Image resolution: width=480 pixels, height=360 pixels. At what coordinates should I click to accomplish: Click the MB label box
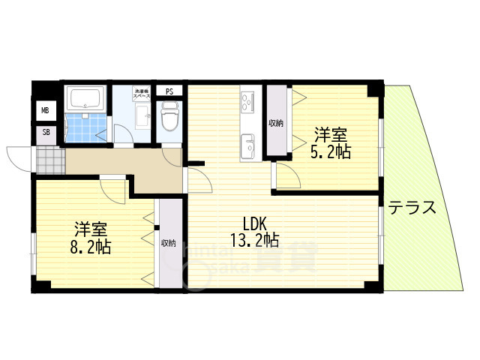pyautogui.click(x=46, y=112)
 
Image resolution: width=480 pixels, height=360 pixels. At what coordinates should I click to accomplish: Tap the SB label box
pyautogui.click(x=46, y=133)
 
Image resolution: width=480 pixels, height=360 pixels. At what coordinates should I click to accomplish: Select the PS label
pyautogui.click(x=169, y=92)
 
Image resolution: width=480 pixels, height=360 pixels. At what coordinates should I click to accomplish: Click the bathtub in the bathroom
pyautogui.click(x=87, y=98)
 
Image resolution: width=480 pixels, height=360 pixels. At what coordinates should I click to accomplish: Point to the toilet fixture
pyautogui.click(x=170, y=116)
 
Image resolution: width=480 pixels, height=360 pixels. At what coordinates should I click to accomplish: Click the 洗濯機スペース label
pyautogui.click(x=141, y=94)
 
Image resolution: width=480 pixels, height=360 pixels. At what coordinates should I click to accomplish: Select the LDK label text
pyautogui.click(x=254, y=223)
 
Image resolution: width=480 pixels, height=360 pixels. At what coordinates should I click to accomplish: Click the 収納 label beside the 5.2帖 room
pyautogui.click(x=275, y=122)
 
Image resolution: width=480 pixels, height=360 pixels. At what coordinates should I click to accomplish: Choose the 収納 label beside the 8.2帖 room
pyautogui.click(x=168, y=243)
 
